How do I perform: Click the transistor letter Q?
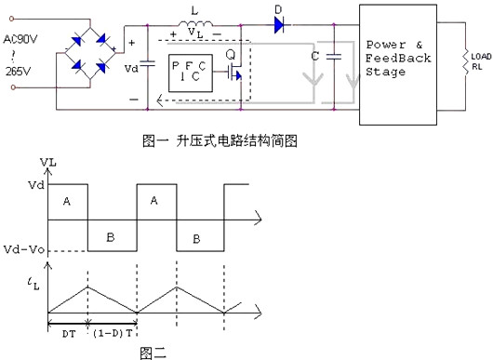coord(229,55)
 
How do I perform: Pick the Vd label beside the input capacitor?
coord(131,69)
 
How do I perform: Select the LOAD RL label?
coord(481,62)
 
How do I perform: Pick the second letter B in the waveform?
coord(196,239)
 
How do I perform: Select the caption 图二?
coord(153,352)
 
